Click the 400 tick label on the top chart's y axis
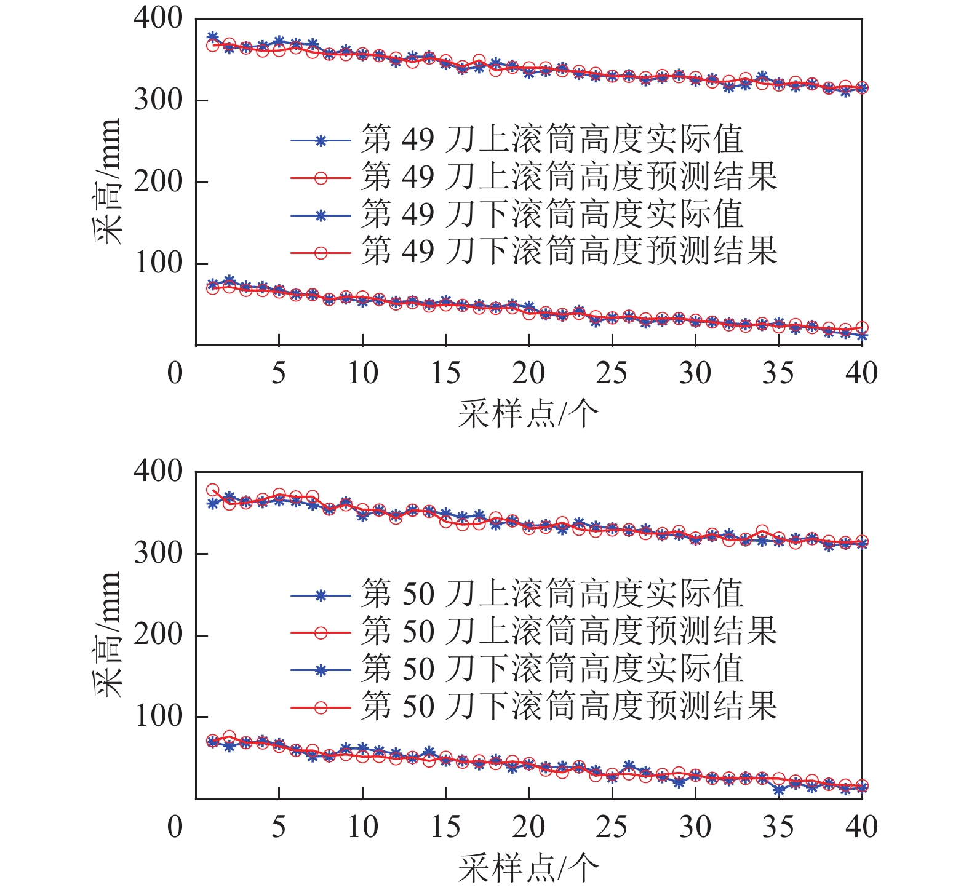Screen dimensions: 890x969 (158, 18)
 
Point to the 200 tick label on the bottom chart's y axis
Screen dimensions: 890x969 (158, 634)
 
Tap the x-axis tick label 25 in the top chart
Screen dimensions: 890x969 (612, 373)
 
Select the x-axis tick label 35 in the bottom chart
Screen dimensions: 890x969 (778, 827)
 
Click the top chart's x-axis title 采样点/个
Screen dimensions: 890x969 (528, 413)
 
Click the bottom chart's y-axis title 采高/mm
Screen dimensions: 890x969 (107, 634)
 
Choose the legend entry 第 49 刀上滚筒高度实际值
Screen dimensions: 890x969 (552, 140)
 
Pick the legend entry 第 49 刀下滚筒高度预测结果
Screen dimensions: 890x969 (568, 251)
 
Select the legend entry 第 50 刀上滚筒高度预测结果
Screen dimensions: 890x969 (568, 630)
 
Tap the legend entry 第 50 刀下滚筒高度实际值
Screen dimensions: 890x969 (552, 669)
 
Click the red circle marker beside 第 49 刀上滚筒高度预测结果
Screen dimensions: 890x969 (321, 178)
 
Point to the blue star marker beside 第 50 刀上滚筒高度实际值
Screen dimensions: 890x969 (321, 595)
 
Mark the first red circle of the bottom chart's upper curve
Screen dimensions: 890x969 (213, 491)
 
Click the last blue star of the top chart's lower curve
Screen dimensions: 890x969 (862, 336)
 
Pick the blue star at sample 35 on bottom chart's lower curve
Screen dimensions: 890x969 (779, 790)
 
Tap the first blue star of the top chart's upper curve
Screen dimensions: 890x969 (213, 37)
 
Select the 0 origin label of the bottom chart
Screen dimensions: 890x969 (175, 827)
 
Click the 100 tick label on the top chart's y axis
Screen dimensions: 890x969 (158, 263)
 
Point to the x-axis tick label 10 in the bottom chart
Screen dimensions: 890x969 (362, 827)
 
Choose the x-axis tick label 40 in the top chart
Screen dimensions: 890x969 (861, 373)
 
